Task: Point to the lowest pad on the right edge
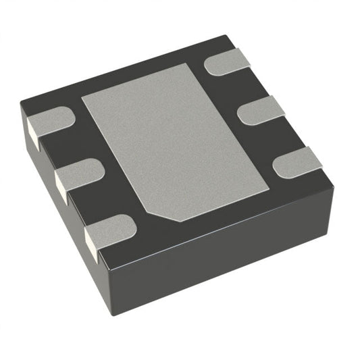pyautogui.click(x=298, y=161)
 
